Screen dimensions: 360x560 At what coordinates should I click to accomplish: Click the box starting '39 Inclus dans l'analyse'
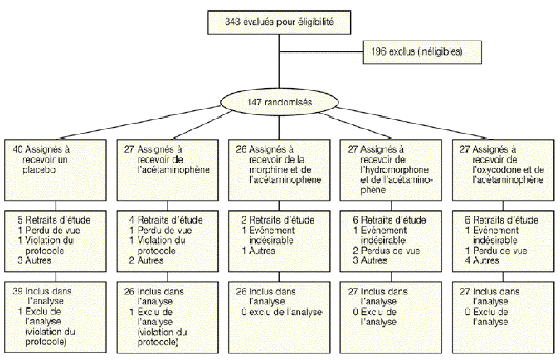click(56, 316)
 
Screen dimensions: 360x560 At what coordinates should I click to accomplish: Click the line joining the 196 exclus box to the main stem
click(322, 52)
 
